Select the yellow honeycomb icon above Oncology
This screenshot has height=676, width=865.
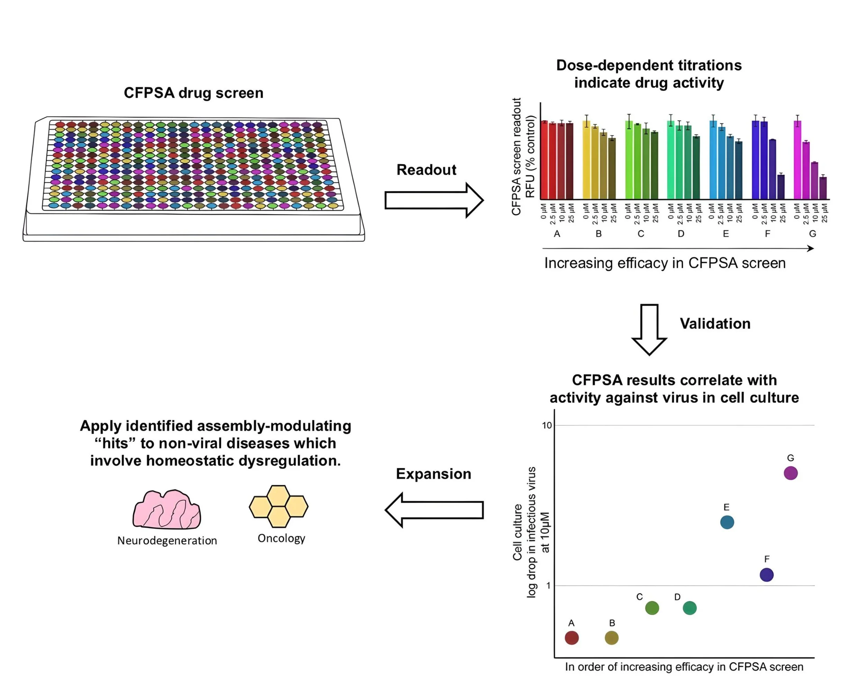coord(279,506)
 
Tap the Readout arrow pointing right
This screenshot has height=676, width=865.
coord(434,200)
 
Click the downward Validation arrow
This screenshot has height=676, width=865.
coord(649,329)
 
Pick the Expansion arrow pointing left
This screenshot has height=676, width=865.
coord(434,510)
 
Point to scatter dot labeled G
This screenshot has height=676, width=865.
coord(791,473)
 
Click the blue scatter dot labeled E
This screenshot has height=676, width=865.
coord(727,522)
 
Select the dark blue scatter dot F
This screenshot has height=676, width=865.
coord(767,575)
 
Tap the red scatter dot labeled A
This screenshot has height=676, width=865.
coord(572,638)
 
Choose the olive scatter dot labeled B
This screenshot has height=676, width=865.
coord(611,638)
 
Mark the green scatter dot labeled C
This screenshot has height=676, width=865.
coord(652,608)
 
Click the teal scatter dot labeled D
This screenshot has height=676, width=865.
coord(690,608)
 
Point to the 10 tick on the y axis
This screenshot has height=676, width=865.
coord(547,425)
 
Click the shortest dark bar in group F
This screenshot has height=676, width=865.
coord(781,187)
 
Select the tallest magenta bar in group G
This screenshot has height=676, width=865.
coord(797,160)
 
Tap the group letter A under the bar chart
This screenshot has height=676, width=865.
coord(557,234)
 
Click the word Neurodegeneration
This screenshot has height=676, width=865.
coord(167,540)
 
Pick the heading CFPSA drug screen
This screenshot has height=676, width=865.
coord(193,93)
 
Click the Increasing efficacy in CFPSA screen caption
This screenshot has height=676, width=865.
coord(665,263)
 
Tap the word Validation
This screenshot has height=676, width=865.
coord(715,324)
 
